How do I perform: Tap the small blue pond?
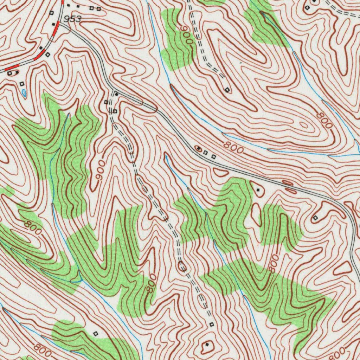[x=24, y=93]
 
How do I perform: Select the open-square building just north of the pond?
[x=22, y=84]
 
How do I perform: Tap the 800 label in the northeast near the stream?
[x=324, y=121]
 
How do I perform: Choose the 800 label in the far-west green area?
[x=33, y=227]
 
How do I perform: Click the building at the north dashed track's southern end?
[x=227, y=90]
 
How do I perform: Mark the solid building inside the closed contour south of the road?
[x=259, y=190]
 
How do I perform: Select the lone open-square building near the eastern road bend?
[x=315, y=218]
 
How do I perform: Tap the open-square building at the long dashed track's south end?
[x=211, y=324]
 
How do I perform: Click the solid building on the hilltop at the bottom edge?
[x=207, y=345]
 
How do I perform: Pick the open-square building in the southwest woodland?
[x=96, y=333]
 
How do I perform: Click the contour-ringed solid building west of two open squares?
[x=199, y=149]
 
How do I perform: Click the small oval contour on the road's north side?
[x=287, y=182]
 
